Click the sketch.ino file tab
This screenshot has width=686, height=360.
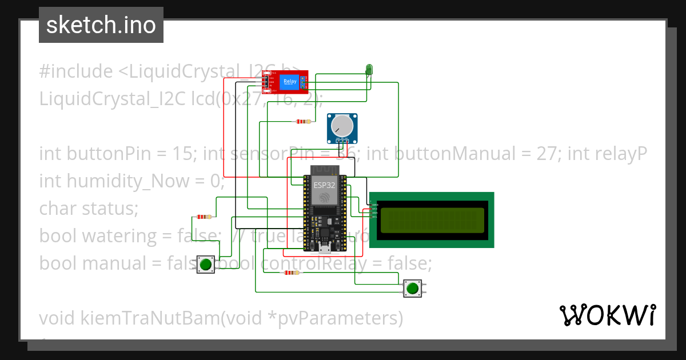click(x=101, y=25)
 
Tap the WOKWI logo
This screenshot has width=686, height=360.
click(x=607, y=315)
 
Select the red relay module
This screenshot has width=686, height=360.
click(x=285, y=82)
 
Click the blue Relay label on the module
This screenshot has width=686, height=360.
click(x=289, y=82)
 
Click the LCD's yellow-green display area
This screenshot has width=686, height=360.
click(x=431, y=220)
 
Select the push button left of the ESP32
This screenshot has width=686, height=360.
click(x=206, y=264)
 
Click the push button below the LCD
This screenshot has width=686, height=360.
click(x=412, y=288)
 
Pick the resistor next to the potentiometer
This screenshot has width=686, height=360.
click(x=303, y=121)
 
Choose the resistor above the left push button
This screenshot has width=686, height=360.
click(x=203, y=217)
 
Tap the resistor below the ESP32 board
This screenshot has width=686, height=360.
click(x=291, y=273)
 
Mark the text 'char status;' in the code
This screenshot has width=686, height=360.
click(x=89, y=209)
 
